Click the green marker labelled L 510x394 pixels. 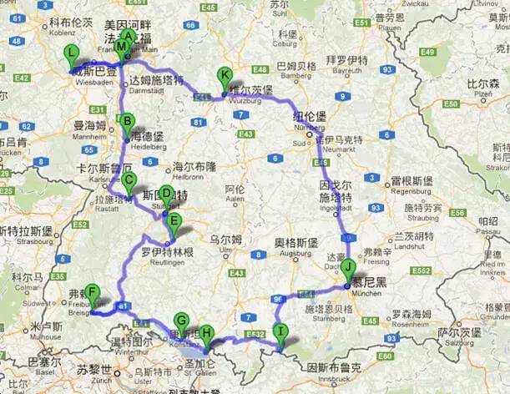tap(72, 55)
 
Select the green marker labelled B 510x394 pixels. tap(127, 123)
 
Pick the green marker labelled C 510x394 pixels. tap(129, 181)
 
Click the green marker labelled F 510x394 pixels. tap(93, 294)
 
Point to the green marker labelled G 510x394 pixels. tap(181, 321)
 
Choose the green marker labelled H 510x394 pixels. tap(206, 333)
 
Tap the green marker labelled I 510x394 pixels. tap(281, 332)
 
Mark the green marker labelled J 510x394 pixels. tap(347, 269)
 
